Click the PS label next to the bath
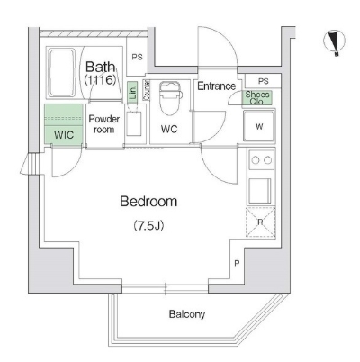point(137,59)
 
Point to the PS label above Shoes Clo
point(262,81)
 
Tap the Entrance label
point(217,86)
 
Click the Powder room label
point(103,123)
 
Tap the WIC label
point(63,134)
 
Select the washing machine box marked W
point(259,127)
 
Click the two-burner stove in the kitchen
point(261,162)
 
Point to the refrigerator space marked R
point(261,222)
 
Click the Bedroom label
point(148,202)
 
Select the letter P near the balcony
point(237,264)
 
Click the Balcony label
point(187,314)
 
